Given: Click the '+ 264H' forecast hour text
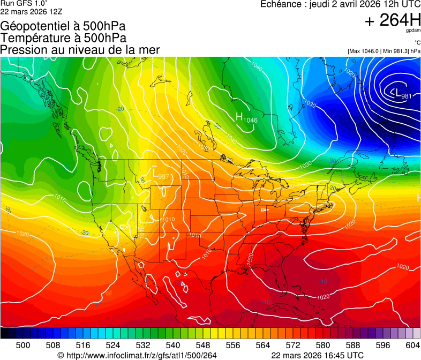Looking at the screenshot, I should [x=393, y=20].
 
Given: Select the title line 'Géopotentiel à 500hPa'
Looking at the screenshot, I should [x=63, y=26].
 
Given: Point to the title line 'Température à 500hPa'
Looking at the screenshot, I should [x=63, y=38].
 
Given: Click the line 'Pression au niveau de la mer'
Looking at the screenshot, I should [x=80, y=50].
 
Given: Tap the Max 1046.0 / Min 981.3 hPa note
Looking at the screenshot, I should [x=384, y=51].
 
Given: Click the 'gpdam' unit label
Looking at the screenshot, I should [x=414, y=31].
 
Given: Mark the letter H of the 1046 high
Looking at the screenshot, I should [x=239, y=116].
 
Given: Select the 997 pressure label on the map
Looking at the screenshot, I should [x=163, y=177].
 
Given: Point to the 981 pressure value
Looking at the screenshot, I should [x=406, y=96].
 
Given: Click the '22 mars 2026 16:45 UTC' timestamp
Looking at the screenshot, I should [x=318, y=355].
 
